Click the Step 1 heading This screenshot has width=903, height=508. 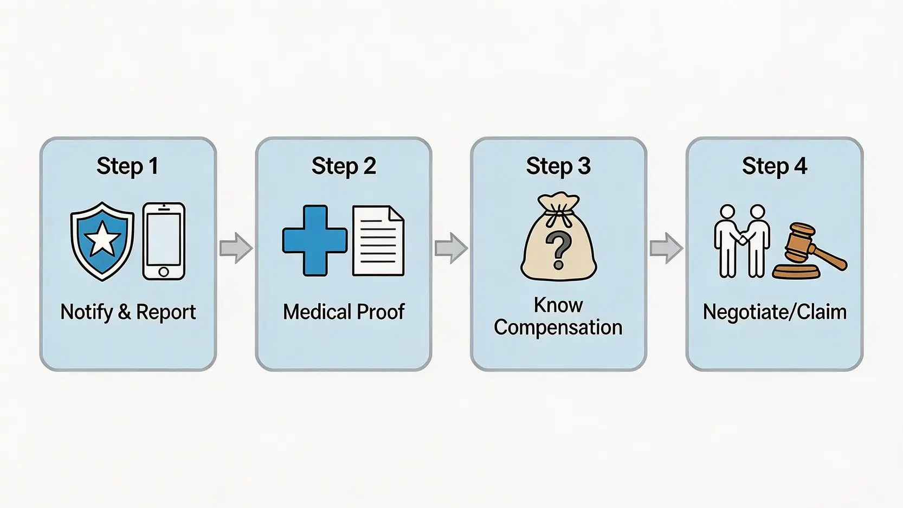pyautogui.click(x=127, y=166)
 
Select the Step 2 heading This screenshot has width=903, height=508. pyautogui.click(x=344, y=166)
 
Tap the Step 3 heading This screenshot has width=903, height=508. pyautogui.click(x=558, y=166)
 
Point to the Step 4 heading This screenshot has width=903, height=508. pyautogui.click(x=775, y=166)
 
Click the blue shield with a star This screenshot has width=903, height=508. pyautogui.click(x=102, y=241)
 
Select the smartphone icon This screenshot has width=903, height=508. pyautogui.click(x=164, y=241)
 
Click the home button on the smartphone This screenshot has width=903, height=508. pyautogui.click(x=164, y=272)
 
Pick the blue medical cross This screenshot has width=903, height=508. pyautogui.click(x=315, y=240)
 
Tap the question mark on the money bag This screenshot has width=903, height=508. pyautogui.click(x=558, y=250)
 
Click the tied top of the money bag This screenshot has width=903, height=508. pyautogui.click(x=558, y=209)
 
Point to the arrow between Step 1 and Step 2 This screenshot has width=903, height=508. pyautogui.click(x=236, y=248)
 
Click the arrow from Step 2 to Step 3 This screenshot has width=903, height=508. pyautogui.click(x=451, y=248)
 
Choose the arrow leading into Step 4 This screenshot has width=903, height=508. pyautogui.click(x=666, y=248)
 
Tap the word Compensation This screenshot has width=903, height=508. pyautogui.click(x=558, y=327)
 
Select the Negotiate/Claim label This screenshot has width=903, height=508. pyautogui.click(x=775, y=312)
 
